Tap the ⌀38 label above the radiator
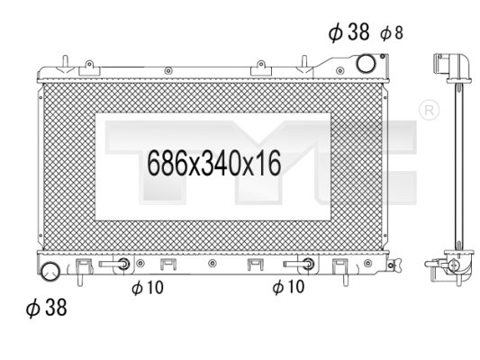pyautogui.click(x=349, y=33)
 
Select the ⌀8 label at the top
pyautogui.click(x=392, y=33)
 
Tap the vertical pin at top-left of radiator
pyautogui.click(x=64, y=62)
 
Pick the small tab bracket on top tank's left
pyautogui.click(x=87, y=65)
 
